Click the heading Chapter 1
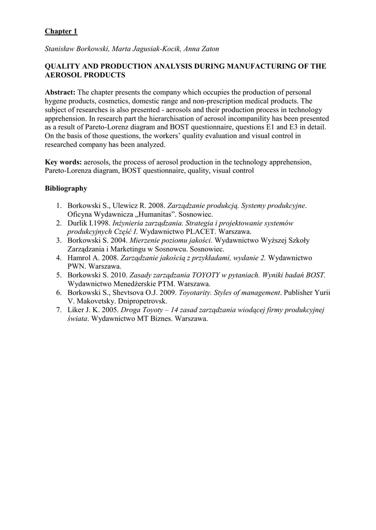tap(61, 32)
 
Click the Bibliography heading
tap(66, 188)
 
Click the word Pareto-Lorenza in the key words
tap(68, 171)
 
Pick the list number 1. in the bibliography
tap(59, 205)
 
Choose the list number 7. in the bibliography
tap(59, 310)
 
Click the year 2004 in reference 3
tap(118, 240)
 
